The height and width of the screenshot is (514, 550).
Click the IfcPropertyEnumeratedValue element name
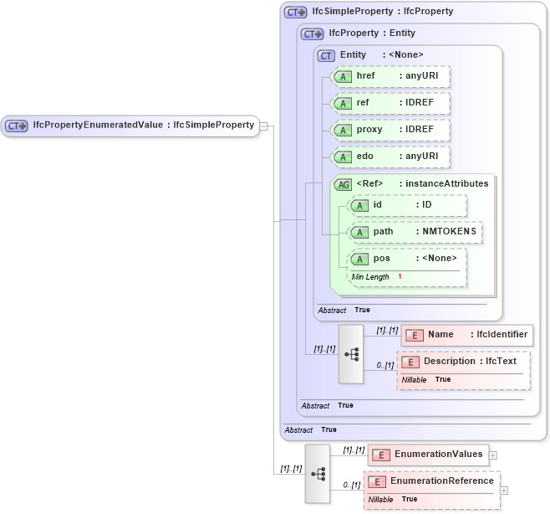[x=97, y=126]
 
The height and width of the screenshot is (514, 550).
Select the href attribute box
[x=390, y=76]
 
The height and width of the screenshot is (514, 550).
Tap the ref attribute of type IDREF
[x=390, y=103]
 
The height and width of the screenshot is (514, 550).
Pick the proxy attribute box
[x=390, y=130]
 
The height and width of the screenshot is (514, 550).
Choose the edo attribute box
[x=390, y=157]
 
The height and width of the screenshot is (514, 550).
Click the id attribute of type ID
[x=407, y=205]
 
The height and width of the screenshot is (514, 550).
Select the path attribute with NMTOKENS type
[x=415, y=232]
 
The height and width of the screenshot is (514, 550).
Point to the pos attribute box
[x=407, y=259]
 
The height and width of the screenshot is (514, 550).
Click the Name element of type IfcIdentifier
[x=467, y=335]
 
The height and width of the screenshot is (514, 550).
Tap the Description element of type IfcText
[x=464, y=362]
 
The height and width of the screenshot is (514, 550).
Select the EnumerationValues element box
[x=429, y=455]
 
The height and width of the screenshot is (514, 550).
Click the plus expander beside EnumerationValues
[x=493, y=455]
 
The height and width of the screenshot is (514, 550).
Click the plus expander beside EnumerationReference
[x=504, y=490]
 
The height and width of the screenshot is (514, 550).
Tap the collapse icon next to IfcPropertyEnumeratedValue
[x=263, y=126]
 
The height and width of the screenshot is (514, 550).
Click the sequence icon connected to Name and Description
[x=350, y=354]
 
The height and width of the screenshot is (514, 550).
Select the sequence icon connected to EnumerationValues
[x=318, y=474]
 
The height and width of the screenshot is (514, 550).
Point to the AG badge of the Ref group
[x=343, y=184]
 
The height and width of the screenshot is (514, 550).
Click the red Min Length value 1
[x=400, y=276]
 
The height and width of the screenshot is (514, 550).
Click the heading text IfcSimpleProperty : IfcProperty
[x=382, y=12]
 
